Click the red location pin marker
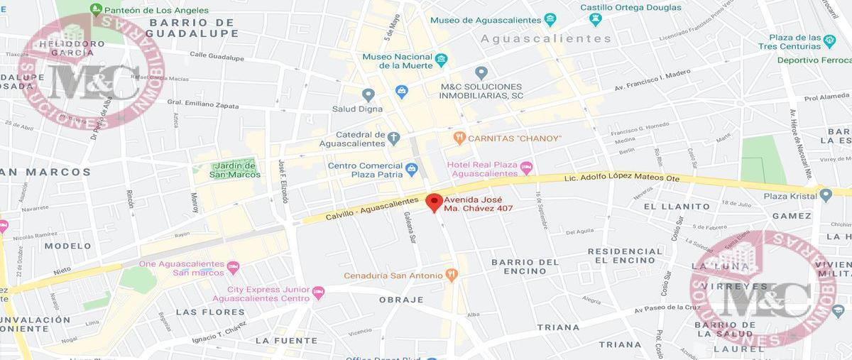(433, 202)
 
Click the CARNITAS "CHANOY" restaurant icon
(459, 137)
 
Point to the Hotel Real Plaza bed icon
(526, 168)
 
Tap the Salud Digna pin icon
(368, 94)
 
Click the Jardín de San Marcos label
(235, 170)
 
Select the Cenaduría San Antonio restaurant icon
(451, 275)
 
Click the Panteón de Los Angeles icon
(96, 10)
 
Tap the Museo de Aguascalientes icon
(550, 19)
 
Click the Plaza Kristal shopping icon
(824, 194)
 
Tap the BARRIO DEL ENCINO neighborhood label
(525, 266)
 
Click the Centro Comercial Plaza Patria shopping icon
(411, 170)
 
